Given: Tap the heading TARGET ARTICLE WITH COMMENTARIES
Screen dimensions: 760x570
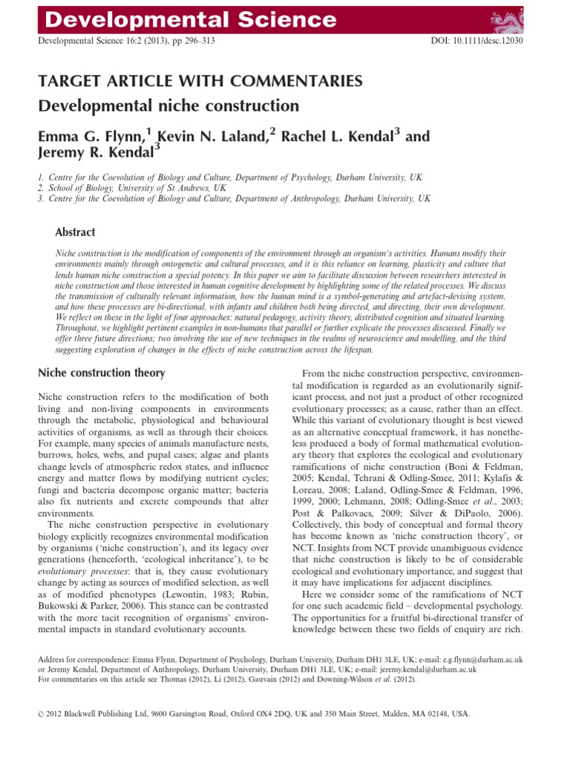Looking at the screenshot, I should click(190, 81).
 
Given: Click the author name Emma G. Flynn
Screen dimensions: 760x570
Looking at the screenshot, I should click(91, 137).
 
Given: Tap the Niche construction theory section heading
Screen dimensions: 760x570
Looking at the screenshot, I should click(101, 373).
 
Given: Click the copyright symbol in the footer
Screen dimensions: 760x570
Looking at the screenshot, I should click(40, 713).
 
